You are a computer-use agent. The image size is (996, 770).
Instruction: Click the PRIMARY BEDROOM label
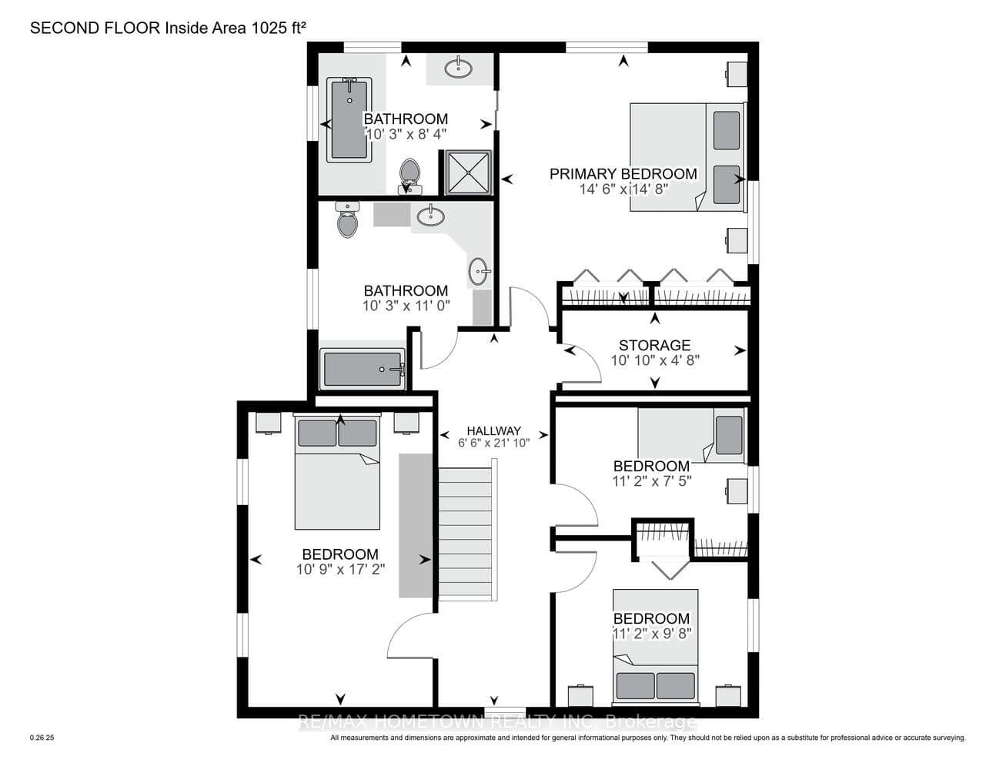623,174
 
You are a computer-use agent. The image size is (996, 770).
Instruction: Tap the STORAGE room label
654,345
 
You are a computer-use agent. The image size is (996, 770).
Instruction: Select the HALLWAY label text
493,431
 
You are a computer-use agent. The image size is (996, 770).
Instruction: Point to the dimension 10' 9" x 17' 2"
340,569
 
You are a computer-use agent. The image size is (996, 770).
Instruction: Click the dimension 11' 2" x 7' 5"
651,481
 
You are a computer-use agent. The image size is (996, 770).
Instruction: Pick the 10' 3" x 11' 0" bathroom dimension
406,306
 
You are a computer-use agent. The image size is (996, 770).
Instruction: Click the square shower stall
469,172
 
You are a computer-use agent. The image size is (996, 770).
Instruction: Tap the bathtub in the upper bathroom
349,119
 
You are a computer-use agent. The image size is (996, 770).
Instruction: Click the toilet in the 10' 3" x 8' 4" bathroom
409,176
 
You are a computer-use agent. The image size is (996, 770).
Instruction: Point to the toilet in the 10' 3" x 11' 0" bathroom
347,219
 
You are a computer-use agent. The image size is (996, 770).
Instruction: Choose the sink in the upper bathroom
458,68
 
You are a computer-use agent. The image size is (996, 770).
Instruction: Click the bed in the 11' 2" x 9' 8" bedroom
656,647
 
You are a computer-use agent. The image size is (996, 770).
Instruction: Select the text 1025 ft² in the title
278,28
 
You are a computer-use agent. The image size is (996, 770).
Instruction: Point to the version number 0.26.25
42,738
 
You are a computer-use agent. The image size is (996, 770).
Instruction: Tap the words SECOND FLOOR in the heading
95,28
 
